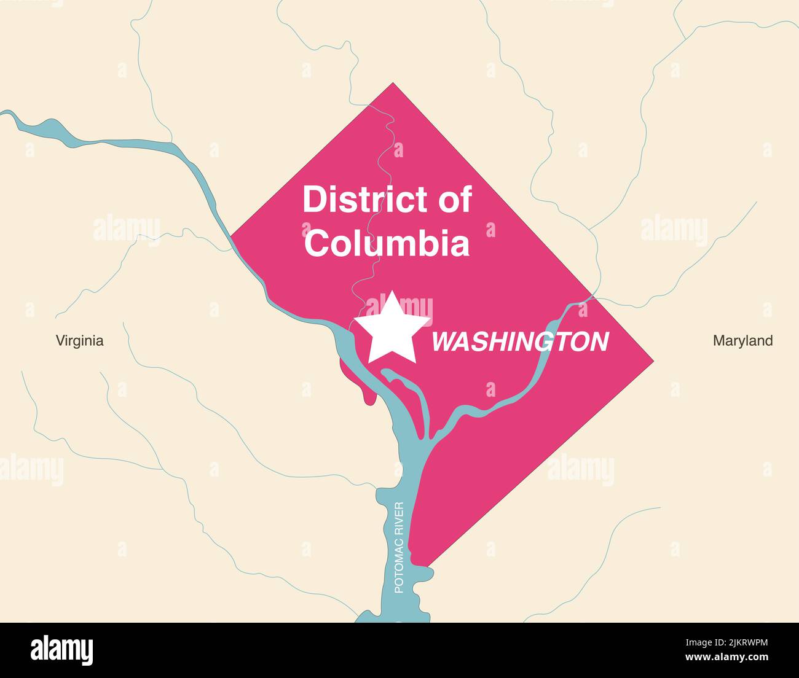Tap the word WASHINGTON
(520, 342)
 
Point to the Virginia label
(80, 340)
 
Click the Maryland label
(742, 340)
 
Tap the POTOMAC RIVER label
(398, 548)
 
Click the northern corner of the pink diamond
(392, 84)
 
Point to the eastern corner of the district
(652, 360)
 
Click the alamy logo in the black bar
(61, 650)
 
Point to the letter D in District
(313, 200)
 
